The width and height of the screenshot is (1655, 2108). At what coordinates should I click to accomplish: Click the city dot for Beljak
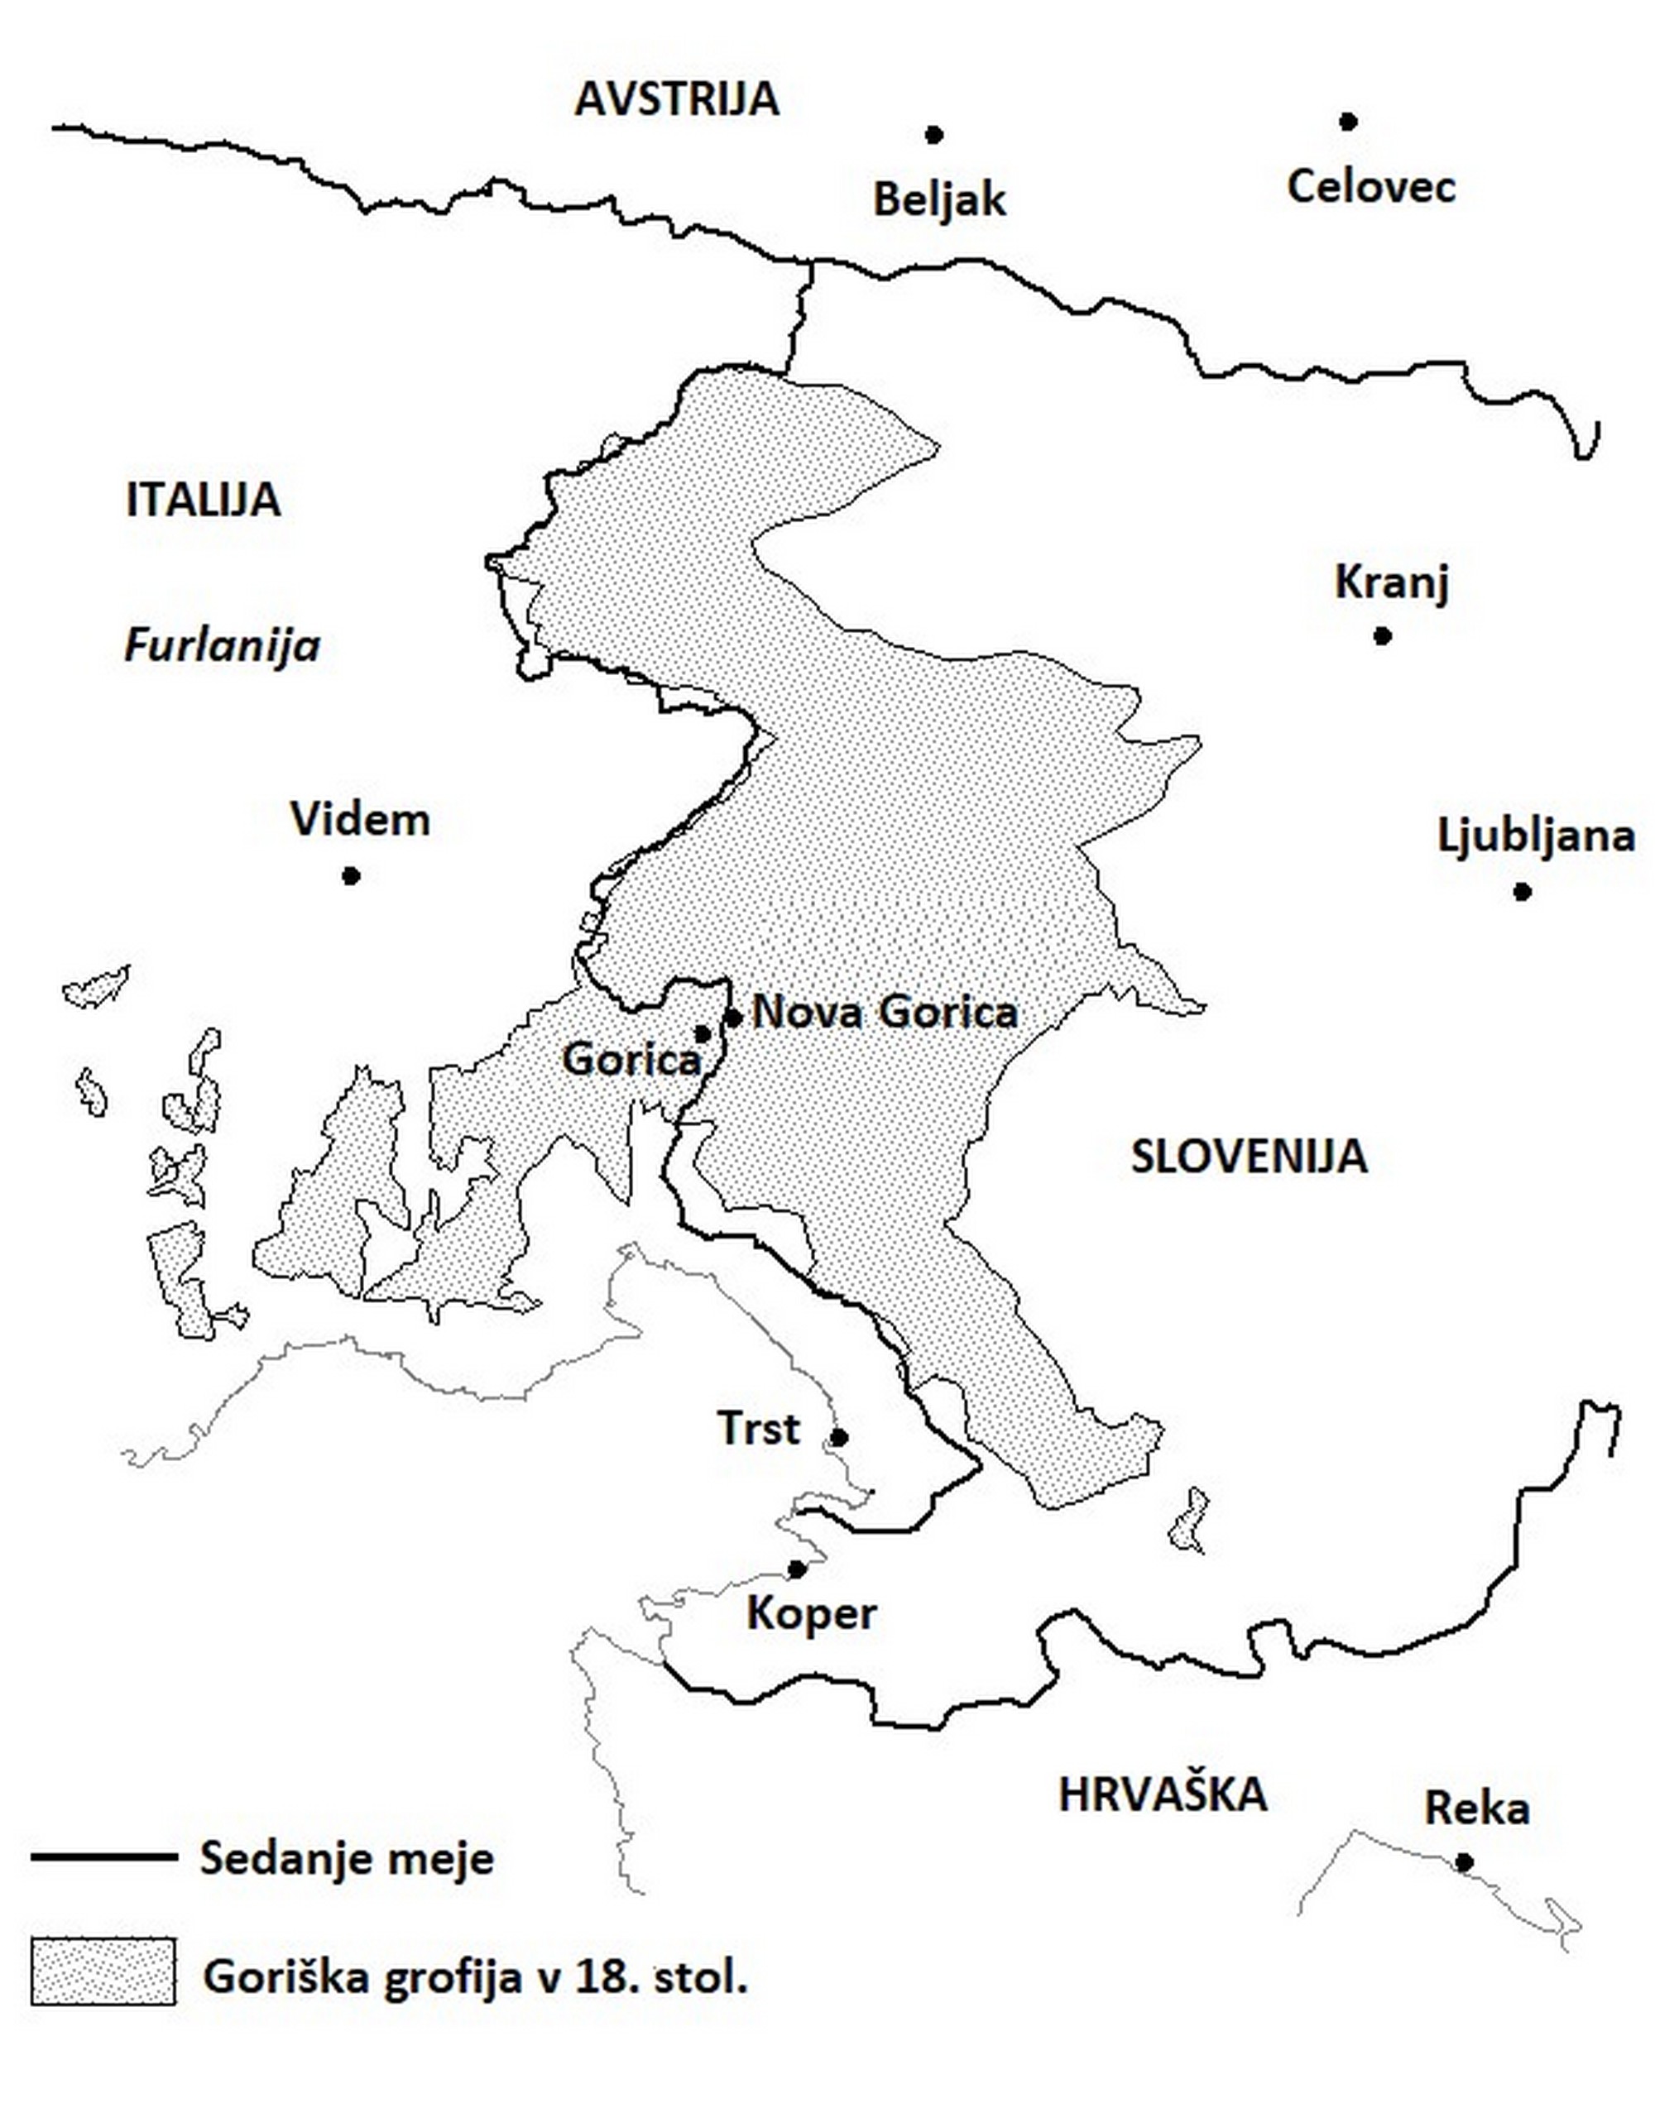click(933, 135)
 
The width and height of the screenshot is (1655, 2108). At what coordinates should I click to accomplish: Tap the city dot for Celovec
click(1348, 121)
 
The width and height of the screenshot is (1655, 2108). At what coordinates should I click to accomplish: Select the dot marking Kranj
click(1383, 635)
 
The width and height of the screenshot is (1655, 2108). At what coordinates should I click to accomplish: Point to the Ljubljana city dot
click(1523, 891)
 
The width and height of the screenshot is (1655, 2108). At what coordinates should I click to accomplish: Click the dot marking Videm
click(351, 876)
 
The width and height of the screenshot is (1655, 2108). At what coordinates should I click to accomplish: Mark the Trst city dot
click(840, 1437)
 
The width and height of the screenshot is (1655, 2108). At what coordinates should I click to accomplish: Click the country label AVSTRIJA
click(676, 98)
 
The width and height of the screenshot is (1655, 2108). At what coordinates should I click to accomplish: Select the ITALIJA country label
click(204, 500)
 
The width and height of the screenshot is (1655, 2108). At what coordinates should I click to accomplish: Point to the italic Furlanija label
click(222, 645)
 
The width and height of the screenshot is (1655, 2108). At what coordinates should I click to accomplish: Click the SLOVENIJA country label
click(1249, 1157)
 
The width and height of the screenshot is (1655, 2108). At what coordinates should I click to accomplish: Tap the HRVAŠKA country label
click(1162, 1794)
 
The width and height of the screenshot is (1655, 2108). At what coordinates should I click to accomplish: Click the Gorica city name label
click(631, 1059)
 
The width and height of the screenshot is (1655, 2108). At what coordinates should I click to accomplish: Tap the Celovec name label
click(1371, 186)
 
